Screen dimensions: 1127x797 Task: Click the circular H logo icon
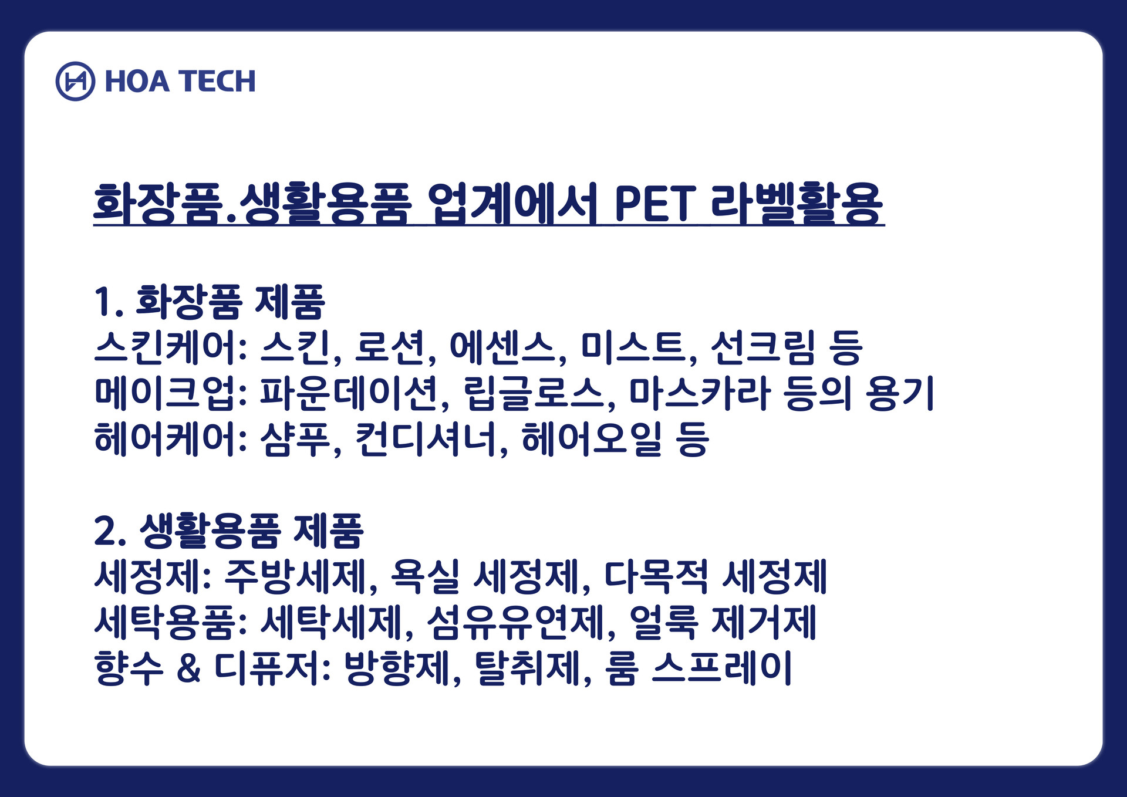75,81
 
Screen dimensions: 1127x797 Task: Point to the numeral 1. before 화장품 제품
108,302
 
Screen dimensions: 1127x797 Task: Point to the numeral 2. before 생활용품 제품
110,531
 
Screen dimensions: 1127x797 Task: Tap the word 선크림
762,347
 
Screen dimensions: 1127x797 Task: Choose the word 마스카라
699,393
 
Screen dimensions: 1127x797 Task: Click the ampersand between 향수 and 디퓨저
188,668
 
